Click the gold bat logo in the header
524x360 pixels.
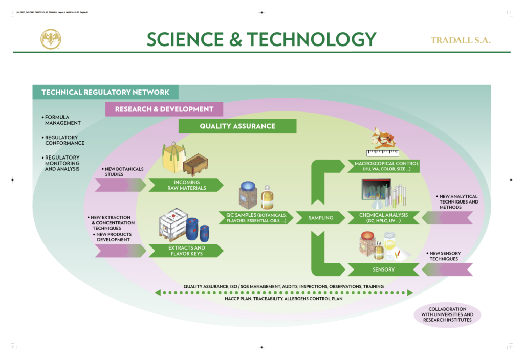coord(51,39)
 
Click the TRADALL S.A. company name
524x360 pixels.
coord(461,40)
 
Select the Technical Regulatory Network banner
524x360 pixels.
coord(105,92)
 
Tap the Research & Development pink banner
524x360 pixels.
coord(164,109)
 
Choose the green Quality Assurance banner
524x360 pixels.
coord(237,126)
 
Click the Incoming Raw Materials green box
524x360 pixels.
coord(186,185)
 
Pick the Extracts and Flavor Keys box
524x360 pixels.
coord(186,251)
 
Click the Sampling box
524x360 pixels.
coord(321,218)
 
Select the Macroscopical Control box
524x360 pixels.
coord(383,166)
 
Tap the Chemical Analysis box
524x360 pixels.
coord(383,218)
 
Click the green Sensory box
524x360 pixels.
coord(383,269)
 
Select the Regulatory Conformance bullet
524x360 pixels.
coord(61,140)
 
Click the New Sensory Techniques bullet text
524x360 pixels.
coord(444,256)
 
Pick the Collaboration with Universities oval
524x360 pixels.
coord(447,314)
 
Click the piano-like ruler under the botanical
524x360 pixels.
coord(382,152)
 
